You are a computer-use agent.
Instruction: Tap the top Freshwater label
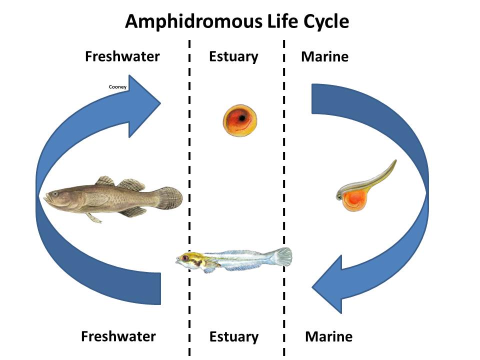click(x=122, y=56)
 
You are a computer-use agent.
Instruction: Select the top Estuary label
click(x=233, y=56)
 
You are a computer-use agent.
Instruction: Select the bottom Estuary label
click(x=233, y=336)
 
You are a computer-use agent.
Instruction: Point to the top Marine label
click(x=324, y=56)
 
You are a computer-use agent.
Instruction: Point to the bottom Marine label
click(x=328, y=336)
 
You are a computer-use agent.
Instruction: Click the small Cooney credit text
click(x=117, y=87)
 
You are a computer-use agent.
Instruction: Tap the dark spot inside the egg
click(x=242, y=118)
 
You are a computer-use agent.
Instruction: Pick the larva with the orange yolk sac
click(x=362, y=187)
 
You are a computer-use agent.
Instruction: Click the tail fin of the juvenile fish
click(x=282, y=256)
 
